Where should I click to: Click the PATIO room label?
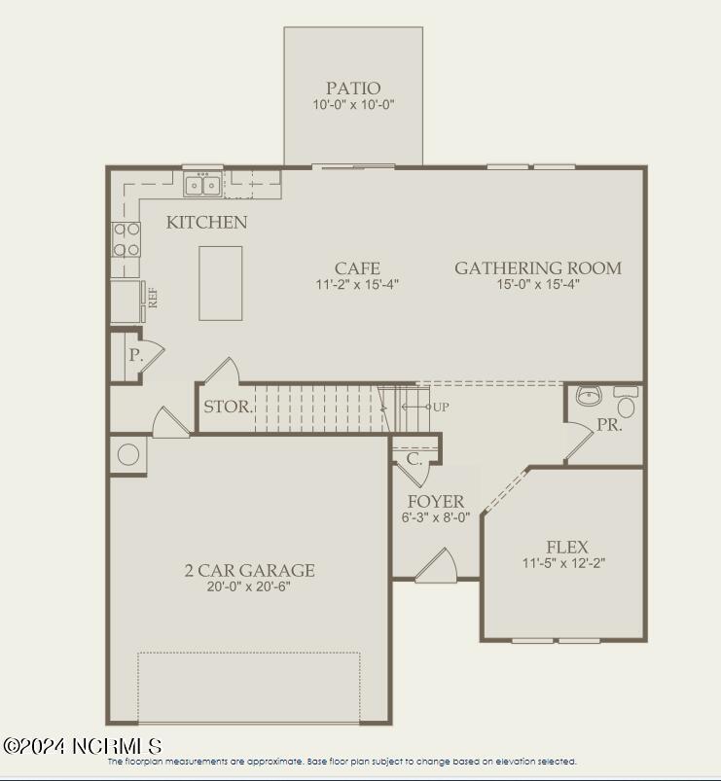(353, 89)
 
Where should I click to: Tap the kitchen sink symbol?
(202, 184)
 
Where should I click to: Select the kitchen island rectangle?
(221, 282)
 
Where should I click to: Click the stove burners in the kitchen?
(126, 239)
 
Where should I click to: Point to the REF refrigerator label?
(153, 297)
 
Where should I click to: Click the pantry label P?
(135, 356)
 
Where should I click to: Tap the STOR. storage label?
(228, 407)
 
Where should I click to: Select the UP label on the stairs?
(441, 407)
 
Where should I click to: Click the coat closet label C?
(415, 458)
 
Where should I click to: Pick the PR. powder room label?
(609, 426)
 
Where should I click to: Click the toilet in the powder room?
(625, 403)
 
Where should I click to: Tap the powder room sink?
(589, 396)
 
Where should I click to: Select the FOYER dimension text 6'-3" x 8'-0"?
(436, 517)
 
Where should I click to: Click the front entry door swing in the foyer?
(436, 567)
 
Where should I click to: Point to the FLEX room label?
(566, 548)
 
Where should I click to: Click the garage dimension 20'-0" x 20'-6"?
(249, 586)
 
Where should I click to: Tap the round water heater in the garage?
(126, 454)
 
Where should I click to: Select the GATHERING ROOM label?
(538, 268)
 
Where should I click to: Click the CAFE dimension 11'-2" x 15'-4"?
(357, 285)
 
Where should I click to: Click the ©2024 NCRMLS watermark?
(83, 746)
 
